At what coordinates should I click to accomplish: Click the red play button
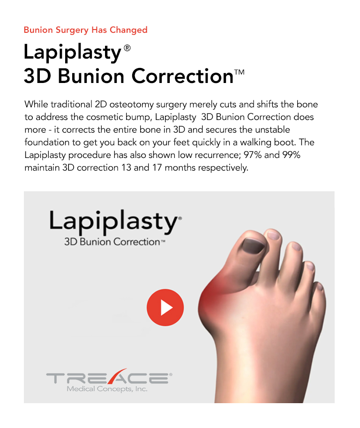coord(165,308)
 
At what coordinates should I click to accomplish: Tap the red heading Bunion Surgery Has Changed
coord(86,30)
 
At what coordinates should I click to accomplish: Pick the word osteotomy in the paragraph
coord(128,104)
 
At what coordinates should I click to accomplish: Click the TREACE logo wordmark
coord(107,378)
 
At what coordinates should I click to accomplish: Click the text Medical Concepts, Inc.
coord(107,389)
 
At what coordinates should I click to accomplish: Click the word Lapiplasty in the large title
coord(73,52)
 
